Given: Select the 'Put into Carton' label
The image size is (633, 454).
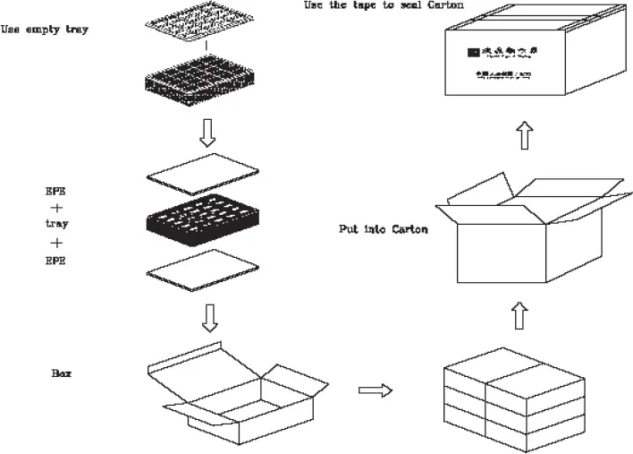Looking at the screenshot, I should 383,229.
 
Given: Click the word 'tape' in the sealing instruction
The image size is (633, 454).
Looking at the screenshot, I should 383,5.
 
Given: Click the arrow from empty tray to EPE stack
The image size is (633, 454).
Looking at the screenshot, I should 207,133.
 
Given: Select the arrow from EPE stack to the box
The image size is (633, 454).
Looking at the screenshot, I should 208,316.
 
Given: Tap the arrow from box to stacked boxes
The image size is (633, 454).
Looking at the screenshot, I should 376,390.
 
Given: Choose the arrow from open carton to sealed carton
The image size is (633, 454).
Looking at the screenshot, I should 525,136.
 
